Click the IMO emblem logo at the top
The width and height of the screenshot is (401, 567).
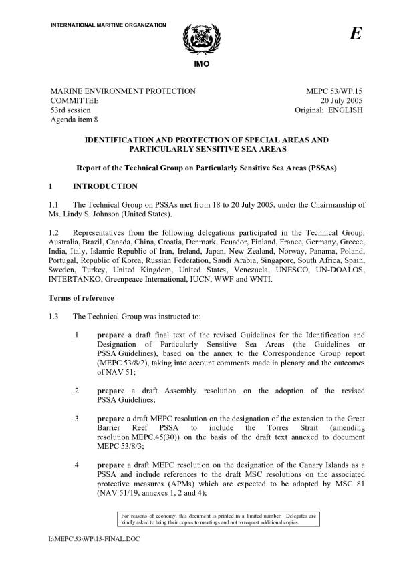(x=200, y=39)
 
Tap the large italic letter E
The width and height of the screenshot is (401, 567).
(x=355, y=35)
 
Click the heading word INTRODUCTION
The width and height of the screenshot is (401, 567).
(x=108, y=186)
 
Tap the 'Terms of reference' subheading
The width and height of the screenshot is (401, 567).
(x=82, y=297)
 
